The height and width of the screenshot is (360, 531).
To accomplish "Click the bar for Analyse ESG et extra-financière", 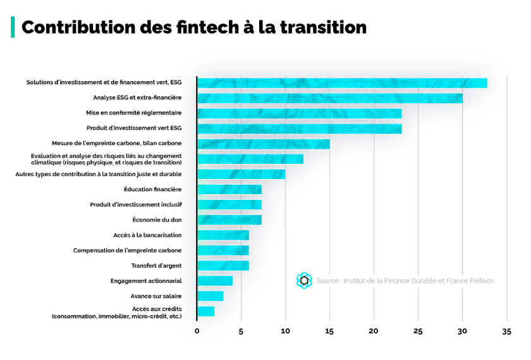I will point(329,98).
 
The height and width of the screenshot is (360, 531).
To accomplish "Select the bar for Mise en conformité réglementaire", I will point(299,113).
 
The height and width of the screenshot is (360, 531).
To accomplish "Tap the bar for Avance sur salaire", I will point(210,296).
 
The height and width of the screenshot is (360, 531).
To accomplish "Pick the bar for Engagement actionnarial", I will point(214,281).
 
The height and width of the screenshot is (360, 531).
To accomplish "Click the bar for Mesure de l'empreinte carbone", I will point(263,144).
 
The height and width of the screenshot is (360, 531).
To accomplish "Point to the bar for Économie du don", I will point(229,220).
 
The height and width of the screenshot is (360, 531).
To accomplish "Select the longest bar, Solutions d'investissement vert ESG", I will point(341,83).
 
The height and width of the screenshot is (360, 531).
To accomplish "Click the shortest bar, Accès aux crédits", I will point(205,311).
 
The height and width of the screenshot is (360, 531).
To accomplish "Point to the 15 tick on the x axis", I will point(329,331).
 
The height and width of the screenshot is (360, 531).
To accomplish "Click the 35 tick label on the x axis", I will point(506,331).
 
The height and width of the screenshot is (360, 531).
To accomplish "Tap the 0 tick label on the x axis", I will point(197,331).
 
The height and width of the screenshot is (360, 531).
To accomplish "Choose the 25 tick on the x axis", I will point(418,331).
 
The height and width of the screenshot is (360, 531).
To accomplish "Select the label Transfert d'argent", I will point(156,266).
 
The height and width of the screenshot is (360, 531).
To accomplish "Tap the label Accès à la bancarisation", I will point(147,235).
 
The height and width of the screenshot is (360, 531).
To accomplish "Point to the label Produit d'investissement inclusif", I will point(136,204).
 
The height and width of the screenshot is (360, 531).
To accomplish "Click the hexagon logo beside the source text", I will point(304,280).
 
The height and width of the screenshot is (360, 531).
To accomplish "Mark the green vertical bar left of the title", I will point(12,27).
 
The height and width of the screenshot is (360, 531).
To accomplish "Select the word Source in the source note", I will point(327,281).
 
